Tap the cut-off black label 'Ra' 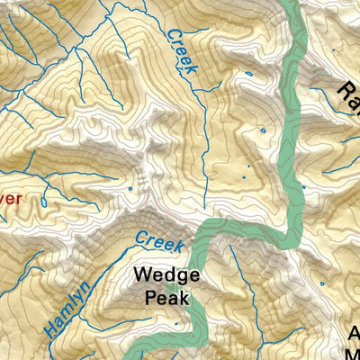[x=348, y=89]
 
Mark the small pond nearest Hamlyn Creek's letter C [x=131, y=188]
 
